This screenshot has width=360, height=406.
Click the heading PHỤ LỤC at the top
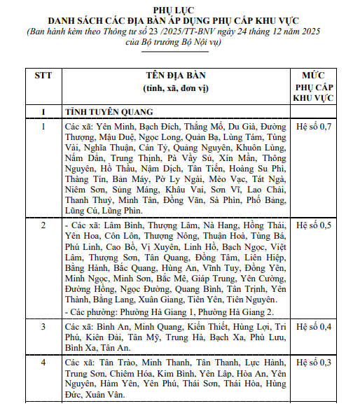(x=180, y=8)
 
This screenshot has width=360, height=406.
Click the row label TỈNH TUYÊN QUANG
(x=109, y=111)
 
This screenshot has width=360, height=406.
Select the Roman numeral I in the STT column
(x=43, y=111)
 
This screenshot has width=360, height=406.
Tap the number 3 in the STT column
(x=43, y=327)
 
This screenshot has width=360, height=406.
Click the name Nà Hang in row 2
(x=220, y=226)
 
